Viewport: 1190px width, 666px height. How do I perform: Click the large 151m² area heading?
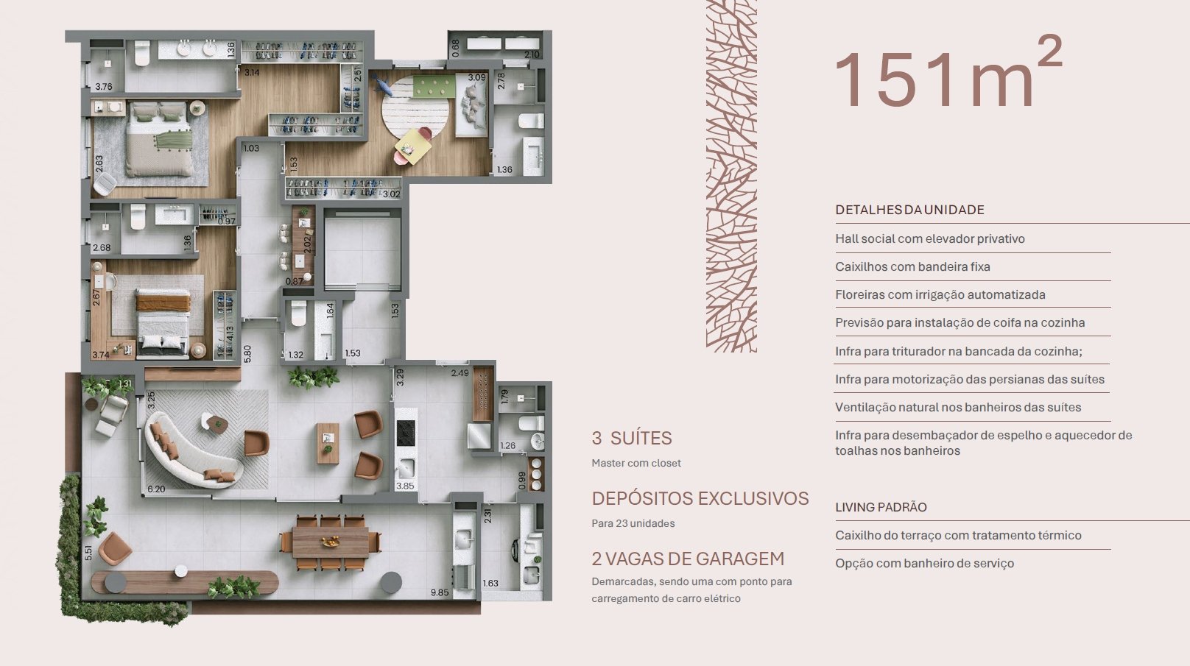(948, 74)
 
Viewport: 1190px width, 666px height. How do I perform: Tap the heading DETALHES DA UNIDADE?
(909, 210)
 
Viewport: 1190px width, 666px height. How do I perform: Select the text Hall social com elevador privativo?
(929, 238)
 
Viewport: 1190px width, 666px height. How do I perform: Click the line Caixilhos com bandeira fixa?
(912, 266)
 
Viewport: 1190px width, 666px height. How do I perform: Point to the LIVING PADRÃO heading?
(881, 507)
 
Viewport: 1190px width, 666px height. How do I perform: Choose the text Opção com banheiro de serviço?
(924, 564)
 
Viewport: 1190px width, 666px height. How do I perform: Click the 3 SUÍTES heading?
(632, 438)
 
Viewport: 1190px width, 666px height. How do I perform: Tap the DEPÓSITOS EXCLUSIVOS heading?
(700, 498)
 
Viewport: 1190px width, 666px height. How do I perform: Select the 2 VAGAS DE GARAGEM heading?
(688, 559)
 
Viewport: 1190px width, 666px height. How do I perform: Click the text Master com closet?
(636, 463)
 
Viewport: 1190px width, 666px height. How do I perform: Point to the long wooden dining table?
(331, 542)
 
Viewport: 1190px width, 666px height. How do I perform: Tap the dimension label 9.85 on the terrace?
(440, 592)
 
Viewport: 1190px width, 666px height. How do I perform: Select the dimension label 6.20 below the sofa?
(155, 489)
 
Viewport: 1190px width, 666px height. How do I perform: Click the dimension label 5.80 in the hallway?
(247, 354)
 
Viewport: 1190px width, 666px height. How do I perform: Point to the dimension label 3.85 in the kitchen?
(405, 486)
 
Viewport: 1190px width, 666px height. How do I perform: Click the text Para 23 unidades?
(633, 524)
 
